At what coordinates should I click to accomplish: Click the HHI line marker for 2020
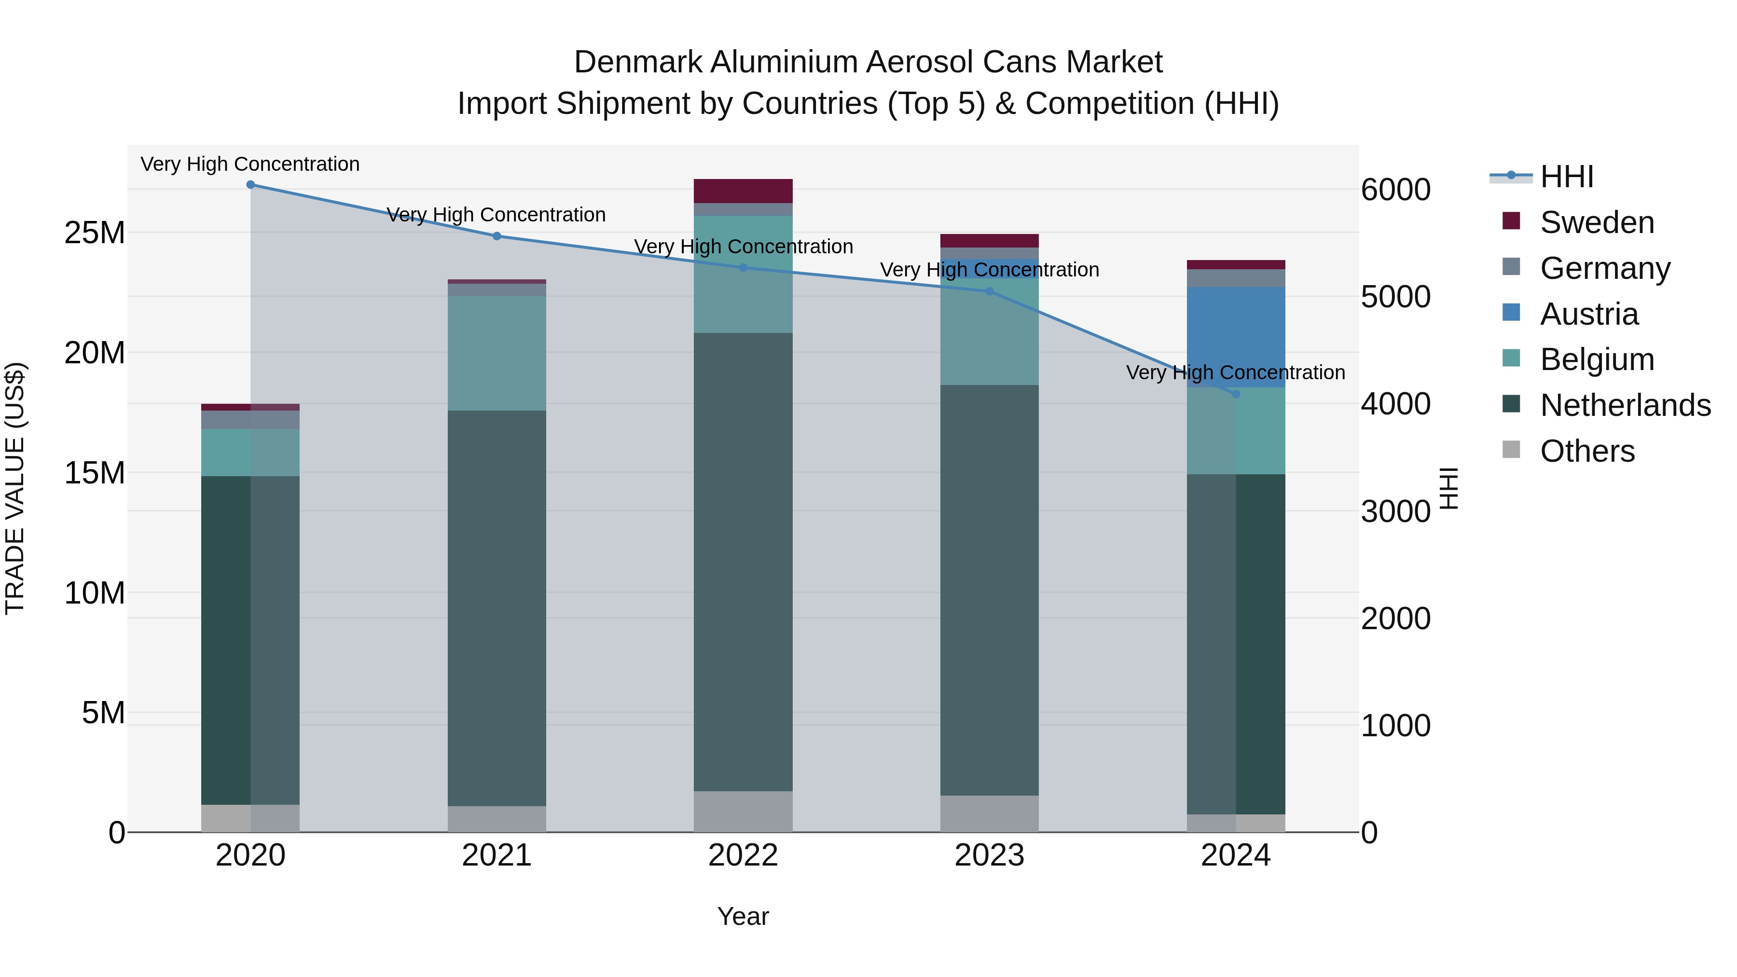tap(250, 184)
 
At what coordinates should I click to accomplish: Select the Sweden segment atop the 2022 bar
tap(743, 191)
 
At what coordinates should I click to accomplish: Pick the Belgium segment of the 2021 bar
tap(497, 353)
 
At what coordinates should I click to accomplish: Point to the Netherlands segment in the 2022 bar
tap(743, 561)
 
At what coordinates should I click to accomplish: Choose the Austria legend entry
tap(1589, 314)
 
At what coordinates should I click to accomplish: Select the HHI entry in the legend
tap(1566, 177)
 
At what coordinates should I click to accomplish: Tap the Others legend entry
tap(1586, 451)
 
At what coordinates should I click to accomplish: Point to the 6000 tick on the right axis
tap(1395, 190)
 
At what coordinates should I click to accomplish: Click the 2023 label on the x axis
tap(989, 855)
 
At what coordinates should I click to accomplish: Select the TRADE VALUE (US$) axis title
tap(15, 488)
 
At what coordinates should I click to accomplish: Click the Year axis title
tap(743, 916)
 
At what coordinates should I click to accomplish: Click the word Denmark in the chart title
tap(637, 62)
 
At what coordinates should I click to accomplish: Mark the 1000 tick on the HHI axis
tap(1395, 726)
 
